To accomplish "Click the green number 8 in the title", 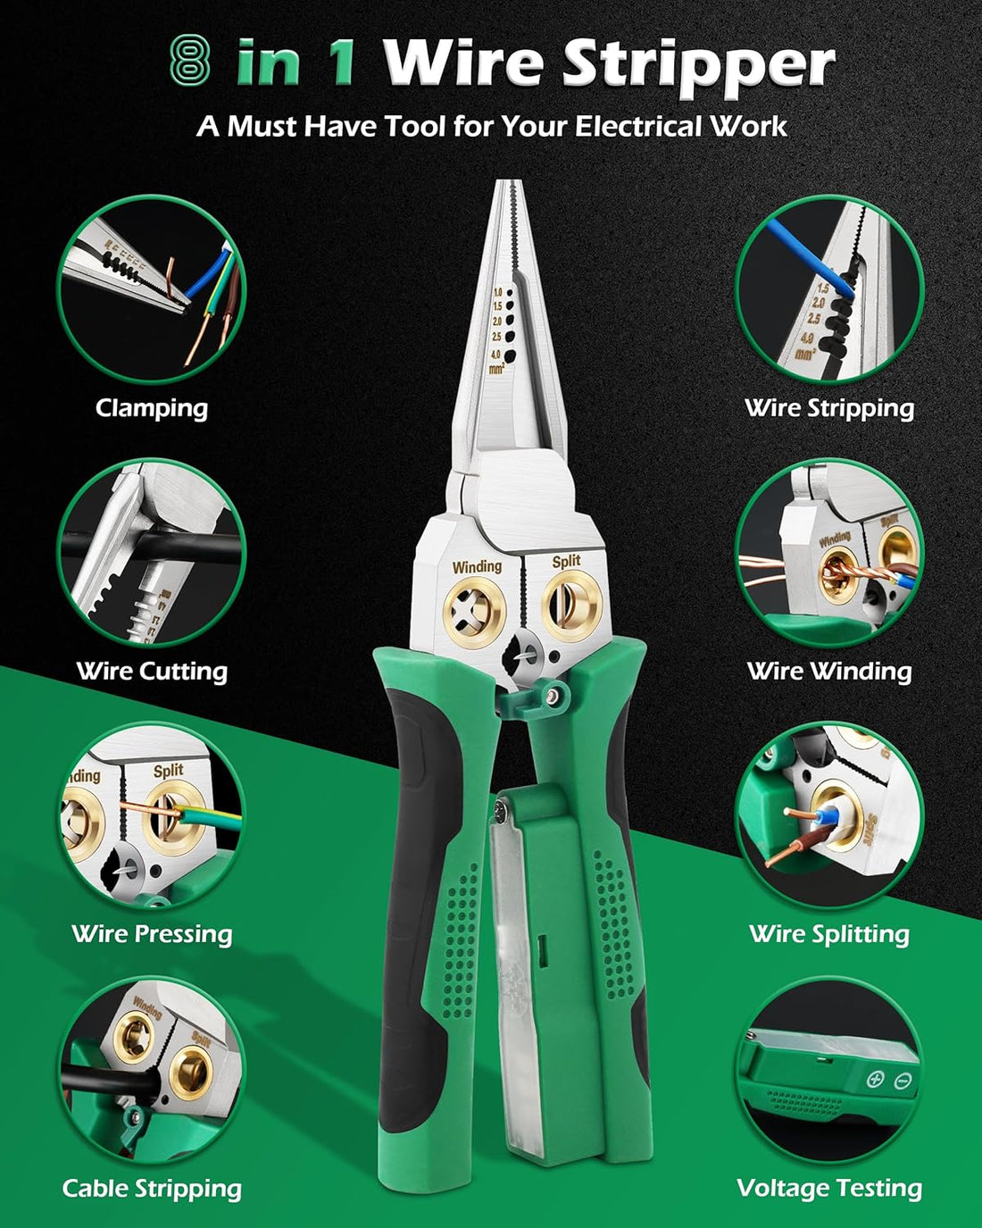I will click(189, 62).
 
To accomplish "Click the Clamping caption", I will click(152, 408).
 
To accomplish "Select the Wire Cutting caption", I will click(152, 671).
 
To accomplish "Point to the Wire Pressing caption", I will click(152, 933).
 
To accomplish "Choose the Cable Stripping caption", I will click(152, 1188).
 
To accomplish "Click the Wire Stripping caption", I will click(829, 408).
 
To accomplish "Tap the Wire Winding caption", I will click(829, 671).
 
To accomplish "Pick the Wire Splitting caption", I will click(829, 933).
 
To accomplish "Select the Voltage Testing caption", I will click(829, 1188).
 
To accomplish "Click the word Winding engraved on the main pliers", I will click(477, 566).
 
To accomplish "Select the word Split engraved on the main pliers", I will click(566, 561).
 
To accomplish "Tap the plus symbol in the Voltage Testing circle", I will click(874, 1079).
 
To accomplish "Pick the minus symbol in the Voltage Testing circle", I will click(902, 1081).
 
